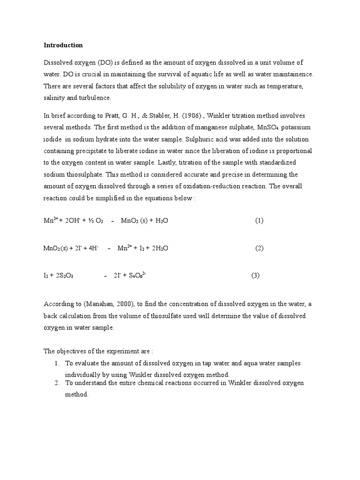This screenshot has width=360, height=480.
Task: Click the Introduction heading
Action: pyautogui.click(x=63, y=45)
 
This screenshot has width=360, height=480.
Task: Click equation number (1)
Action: pyautogui.click(x=259, y=220)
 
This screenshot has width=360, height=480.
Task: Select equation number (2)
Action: pyautogui.click(x=259, y=248)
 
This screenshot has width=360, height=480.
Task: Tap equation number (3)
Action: pyautogui.click(x=255, y=276)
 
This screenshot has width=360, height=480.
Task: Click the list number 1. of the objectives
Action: pyautogui.click(x=57, y=363)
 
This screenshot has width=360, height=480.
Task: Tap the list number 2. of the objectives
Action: pyautogui.click(x=57, y=383)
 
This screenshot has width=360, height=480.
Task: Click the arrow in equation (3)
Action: pyautogui.click(x=105, y=276)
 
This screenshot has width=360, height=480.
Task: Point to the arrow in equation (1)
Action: pyautogui.click(x=113, y=221)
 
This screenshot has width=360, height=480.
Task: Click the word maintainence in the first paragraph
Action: pyautogui.click(x=291, y=74)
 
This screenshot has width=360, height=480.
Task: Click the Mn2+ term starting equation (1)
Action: pyautogui.click(x=51, y=220)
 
